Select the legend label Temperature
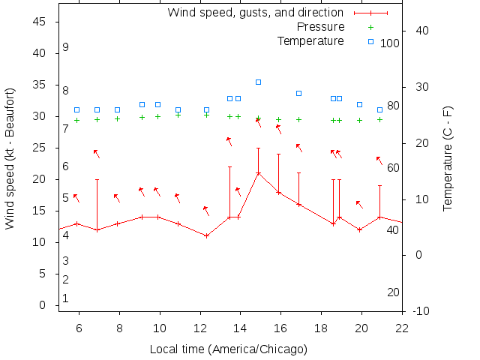pos(310,41)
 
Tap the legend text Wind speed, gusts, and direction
pos(255,13)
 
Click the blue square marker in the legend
pos(370,41)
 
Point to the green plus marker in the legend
pos(370,27)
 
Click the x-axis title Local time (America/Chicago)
pos(229,349)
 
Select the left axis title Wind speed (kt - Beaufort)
pos(10,160)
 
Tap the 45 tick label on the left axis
pos(41,22)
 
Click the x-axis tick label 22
pos(402,328)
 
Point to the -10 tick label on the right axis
pos(421,310)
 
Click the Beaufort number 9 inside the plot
pos(66,47)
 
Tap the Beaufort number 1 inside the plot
pos(66,298)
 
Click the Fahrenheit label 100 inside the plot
pos(390,43)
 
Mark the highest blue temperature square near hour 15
pos(258,82)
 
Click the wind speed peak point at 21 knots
pos(258,173)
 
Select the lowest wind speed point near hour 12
pos(206,235)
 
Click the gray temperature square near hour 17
pos(298,93)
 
